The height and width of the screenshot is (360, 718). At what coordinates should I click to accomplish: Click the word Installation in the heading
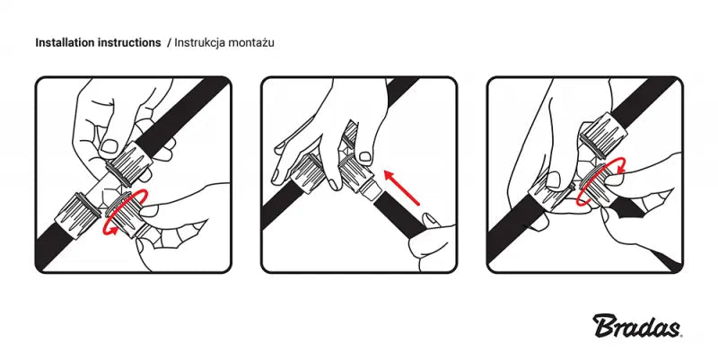(65, 42)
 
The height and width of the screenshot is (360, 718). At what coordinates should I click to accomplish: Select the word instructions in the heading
(129, 42)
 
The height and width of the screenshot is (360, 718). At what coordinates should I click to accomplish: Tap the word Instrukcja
(200, 43)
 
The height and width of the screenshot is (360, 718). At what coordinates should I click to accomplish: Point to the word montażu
(251, 43)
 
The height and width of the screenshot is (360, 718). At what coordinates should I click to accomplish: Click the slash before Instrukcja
(169, 42)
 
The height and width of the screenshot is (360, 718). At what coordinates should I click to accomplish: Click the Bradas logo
(637, 325)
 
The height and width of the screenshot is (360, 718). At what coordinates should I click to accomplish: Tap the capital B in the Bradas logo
(603, 325)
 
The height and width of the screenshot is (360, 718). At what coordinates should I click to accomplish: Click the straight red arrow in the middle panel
(401, 188)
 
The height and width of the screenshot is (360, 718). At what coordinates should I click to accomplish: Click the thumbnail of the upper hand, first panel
(109, 146)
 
